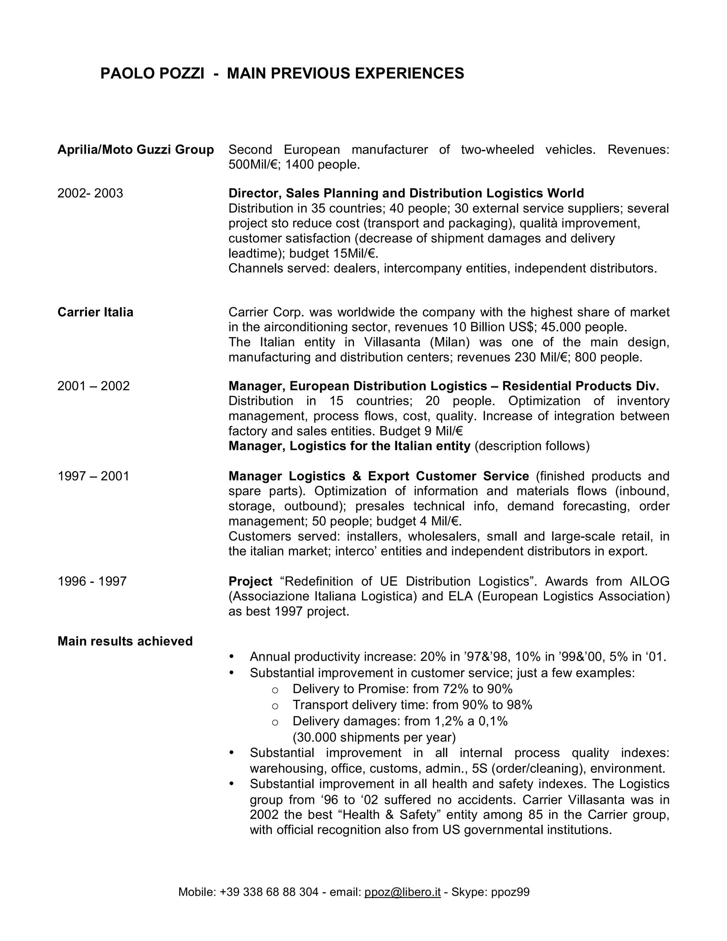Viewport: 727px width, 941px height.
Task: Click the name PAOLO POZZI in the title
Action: coord(152,74)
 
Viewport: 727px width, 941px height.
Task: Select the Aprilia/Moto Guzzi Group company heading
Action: coord(136,149)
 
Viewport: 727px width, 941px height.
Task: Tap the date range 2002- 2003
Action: coord(90,193)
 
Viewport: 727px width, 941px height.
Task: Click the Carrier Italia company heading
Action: coord(95,312)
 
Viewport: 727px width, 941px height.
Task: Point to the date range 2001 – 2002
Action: coord(93,386)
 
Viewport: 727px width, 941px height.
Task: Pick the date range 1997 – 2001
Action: coord(93,476)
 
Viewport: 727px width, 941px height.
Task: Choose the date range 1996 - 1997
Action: coord(92,581)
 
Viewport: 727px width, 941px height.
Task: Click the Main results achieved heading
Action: coord(125,641)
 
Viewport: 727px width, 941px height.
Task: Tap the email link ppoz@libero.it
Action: coord(402,892)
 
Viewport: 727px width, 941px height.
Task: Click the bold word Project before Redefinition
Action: coord(250,581)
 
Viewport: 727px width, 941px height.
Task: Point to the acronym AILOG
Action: coord(650,581)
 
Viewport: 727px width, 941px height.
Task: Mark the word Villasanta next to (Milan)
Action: coord(392,342)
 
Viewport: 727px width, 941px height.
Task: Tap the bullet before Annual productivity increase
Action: coord(232,657)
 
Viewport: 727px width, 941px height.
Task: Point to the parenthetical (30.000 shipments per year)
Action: coord(374,738)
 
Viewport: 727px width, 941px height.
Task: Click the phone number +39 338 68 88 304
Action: coord(269,892)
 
